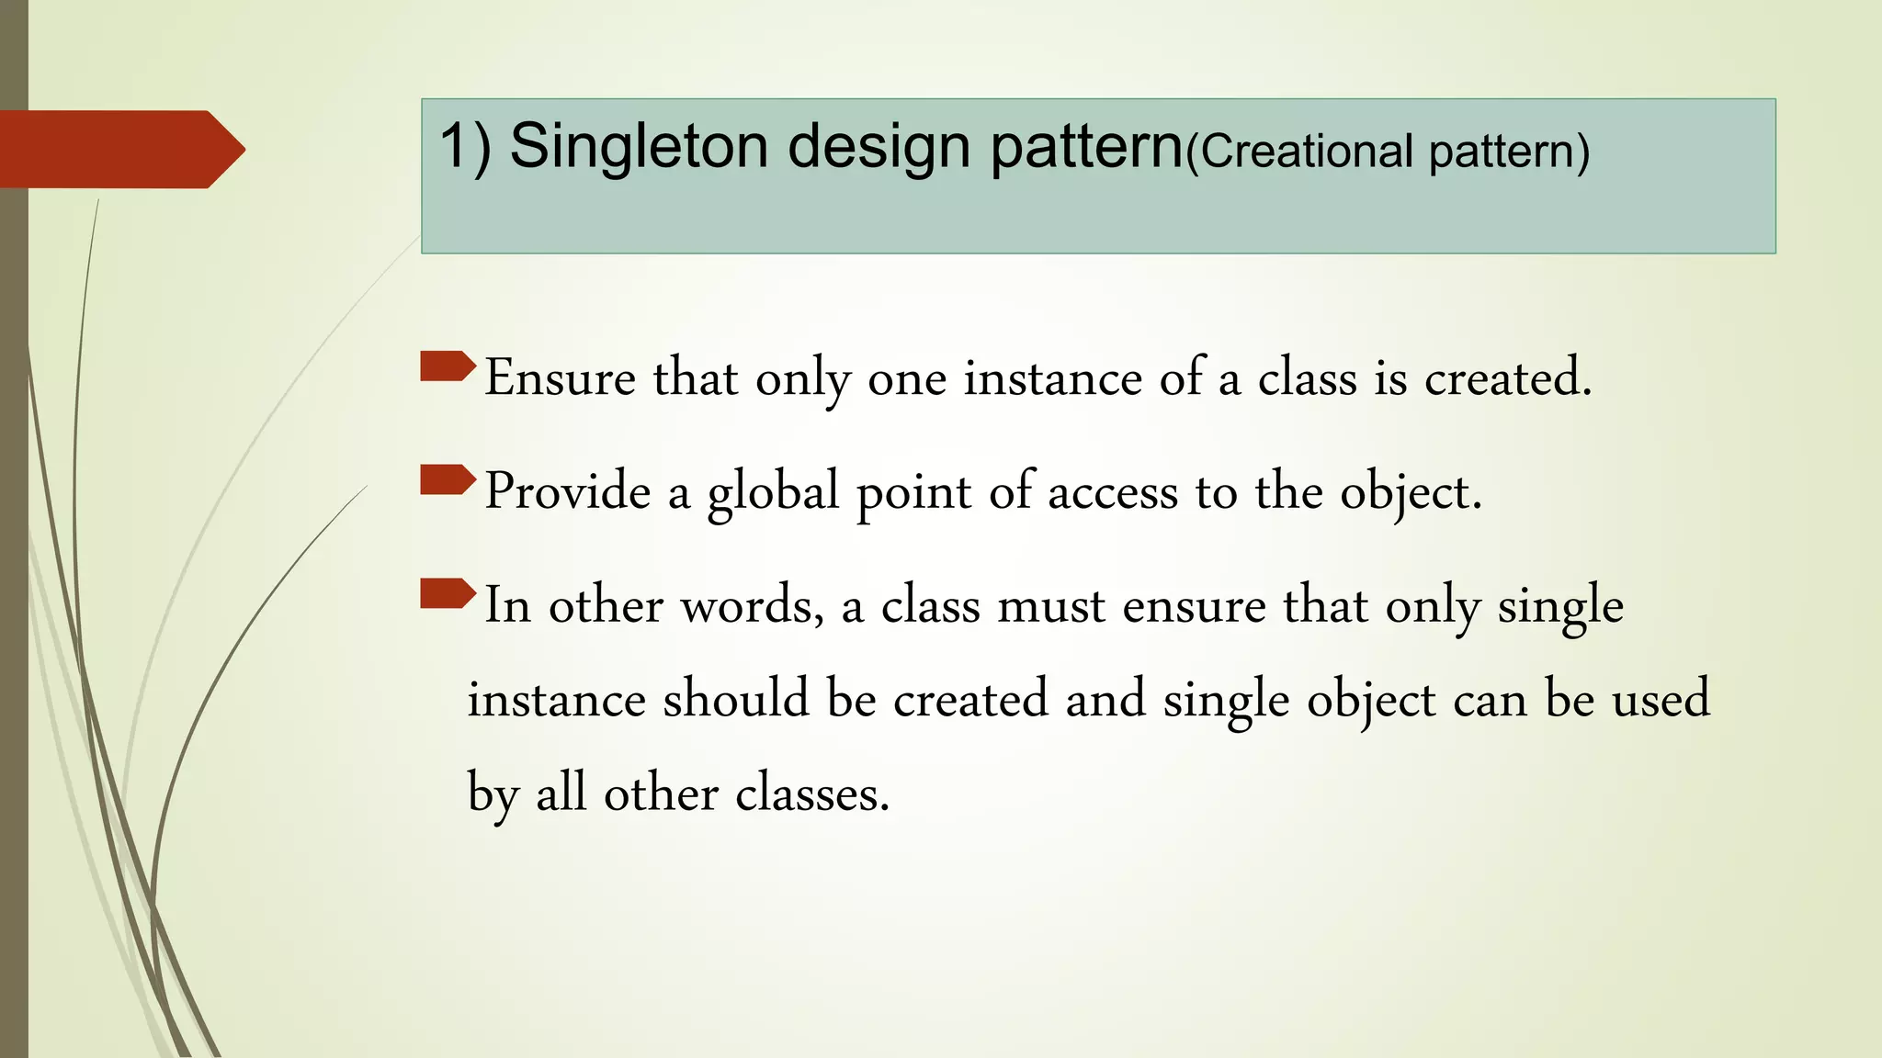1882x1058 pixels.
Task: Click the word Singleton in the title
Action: tap(639, 147)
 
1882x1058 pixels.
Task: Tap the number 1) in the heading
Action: tap(466, 147)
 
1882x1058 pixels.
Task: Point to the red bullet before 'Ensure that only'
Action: tap(448, 366)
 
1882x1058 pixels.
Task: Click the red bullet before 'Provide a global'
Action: tap(448, 480)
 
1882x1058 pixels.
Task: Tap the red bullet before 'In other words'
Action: tap(448, 594)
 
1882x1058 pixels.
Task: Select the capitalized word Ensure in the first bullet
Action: tap(560, 377)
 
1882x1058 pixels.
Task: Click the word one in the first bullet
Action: tap(907, 378)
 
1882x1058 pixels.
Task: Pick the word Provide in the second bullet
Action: tap(568, 491)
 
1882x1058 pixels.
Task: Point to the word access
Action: tap(1113, 493)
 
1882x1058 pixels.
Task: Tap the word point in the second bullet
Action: tap(913, 493)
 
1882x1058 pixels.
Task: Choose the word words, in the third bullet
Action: tap(752, 606)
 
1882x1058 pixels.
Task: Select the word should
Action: tap(735, 699)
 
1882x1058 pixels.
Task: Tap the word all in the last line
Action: tap(561, 793)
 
